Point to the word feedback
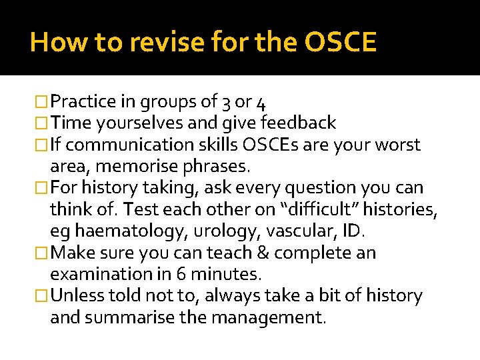(298, 123)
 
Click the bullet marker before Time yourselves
(41, 123)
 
